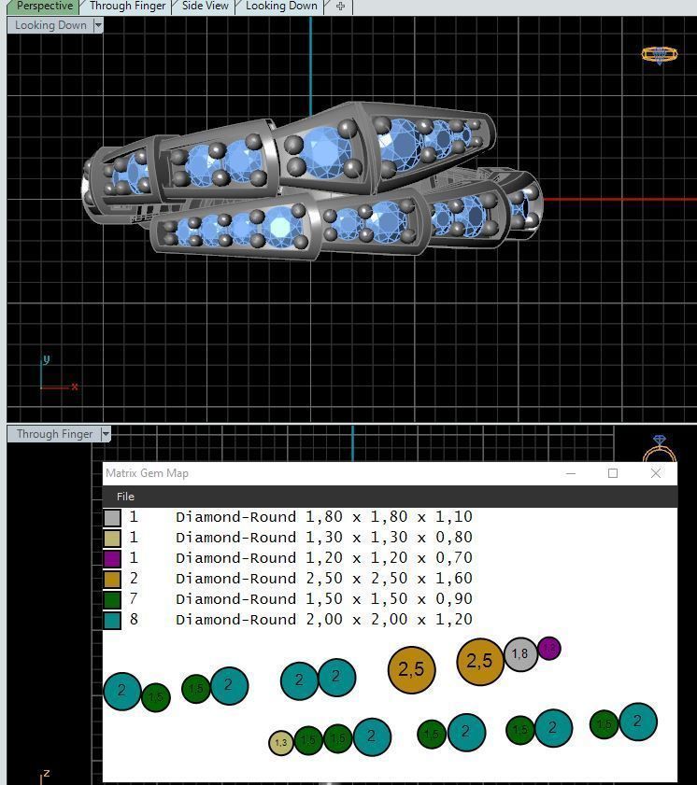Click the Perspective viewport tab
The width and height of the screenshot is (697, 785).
[x=44, y=7]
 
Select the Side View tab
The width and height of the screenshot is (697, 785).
[x=205, y=7]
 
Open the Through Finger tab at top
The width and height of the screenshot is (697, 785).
[x=127, y=7]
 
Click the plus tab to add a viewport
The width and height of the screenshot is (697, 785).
[x=340, y=7]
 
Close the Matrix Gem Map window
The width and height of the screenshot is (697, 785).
[x=655, y=473]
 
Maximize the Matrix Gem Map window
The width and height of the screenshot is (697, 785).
[x=613, y=473]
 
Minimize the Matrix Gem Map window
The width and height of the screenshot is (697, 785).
[x=571, y=473]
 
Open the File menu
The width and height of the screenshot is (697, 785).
[x=125, y=497]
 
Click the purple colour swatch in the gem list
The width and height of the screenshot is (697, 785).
[x=112, y=558]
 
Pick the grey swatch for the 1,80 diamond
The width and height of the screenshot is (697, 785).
[x=112, y=517]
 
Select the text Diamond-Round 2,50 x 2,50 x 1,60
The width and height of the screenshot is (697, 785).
[x=323, y=579]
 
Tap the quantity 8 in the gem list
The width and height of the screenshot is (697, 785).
[x=134, y=620]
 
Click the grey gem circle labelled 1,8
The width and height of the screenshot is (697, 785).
[x=520, y=654]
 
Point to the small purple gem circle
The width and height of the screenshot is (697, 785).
[x=549, y=648]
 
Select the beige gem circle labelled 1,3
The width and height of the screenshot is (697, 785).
[x=281, y=743]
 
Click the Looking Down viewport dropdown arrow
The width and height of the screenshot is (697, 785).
[x=98, y=25]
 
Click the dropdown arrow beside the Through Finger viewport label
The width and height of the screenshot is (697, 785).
[x=106, y=434]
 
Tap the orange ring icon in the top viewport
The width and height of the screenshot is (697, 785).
[x=659, y=55]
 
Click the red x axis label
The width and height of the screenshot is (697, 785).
[x=74, y=386]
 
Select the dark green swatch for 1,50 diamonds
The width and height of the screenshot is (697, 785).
[x=112, y=599]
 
